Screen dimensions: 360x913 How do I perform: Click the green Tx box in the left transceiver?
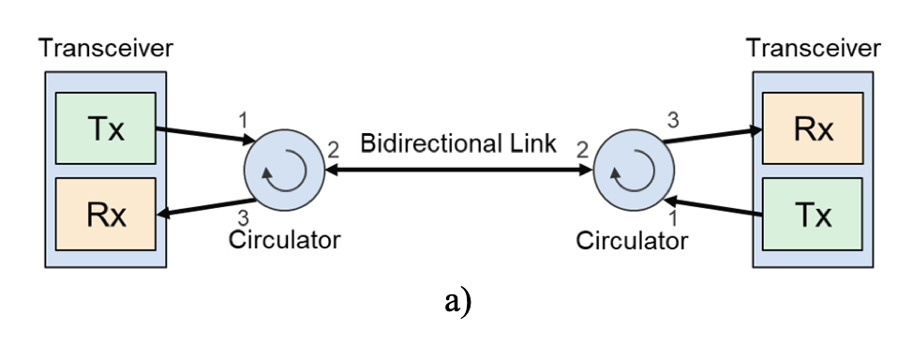103,128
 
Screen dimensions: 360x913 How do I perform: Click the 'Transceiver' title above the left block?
104,49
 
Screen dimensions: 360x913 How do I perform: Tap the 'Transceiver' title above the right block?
813,49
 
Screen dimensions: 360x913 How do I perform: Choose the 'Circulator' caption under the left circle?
284,240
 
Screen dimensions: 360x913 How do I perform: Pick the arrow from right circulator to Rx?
713,137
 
